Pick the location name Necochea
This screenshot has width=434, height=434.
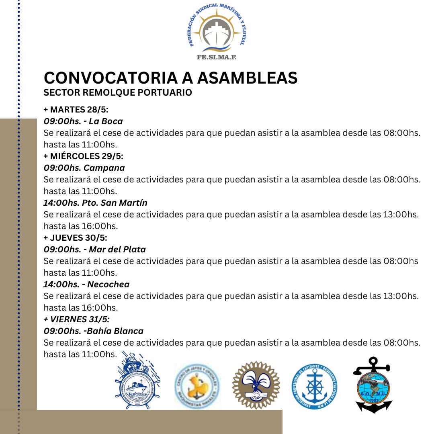click(x=108, y=285)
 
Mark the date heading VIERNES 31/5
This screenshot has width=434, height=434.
click(x=79, y=319)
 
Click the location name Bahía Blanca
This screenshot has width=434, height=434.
click(x=117, y=331)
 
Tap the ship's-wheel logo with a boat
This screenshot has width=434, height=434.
click(x=137, y=382)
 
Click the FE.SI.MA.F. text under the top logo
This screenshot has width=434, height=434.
click(x=217, y=57)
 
